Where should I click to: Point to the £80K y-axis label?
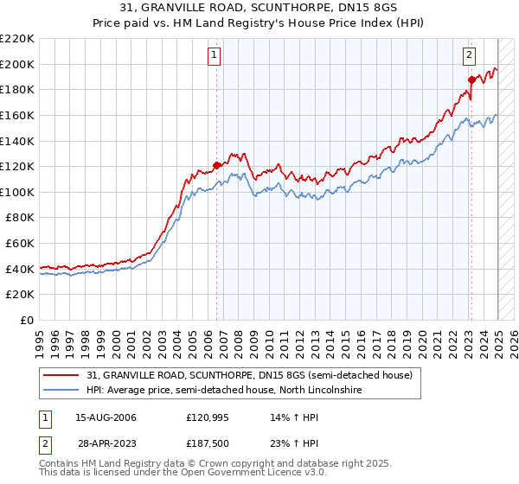[20, 218]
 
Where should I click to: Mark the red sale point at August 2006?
[217, 165]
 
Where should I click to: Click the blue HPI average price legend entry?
[223, 391]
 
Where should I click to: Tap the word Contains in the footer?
[60, 464]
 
